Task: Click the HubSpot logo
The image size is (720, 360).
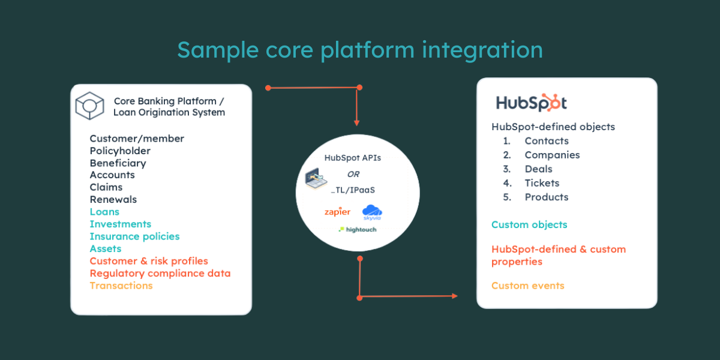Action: tap(532, 103)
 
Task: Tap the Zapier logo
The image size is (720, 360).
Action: tap(337, 212)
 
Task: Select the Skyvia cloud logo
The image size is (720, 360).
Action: tap(372, 212)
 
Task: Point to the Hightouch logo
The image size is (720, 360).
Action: tap(358, 229)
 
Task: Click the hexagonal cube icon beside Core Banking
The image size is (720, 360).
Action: tap(89, 106)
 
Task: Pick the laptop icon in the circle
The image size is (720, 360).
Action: tap(316, 178)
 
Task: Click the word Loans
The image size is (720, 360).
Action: tap(104, 212)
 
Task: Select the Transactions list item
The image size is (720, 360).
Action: tap(121, 286)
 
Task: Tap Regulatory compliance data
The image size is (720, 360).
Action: tap(160, 274)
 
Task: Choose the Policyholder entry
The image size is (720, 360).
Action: tap(120, 151)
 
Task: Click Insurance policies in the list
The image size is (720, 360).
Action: tap(134, 236)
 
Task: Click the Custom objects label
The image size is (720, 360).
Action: tap(529, 224)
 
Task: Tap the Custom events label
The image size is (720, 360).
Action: tap(528, 286)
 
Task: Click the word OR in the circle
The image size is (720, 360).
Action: tap(353, 174)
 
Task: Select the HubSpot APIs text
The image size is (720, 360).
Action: tap(353, 158)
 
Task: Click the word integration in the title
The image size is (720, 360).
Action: tap(482, 50)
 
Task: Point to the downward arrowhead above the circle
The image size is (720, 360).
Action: tap(356, 123)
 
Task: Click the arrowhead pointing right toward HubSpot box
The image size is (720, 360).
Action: tap(455, 296)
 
